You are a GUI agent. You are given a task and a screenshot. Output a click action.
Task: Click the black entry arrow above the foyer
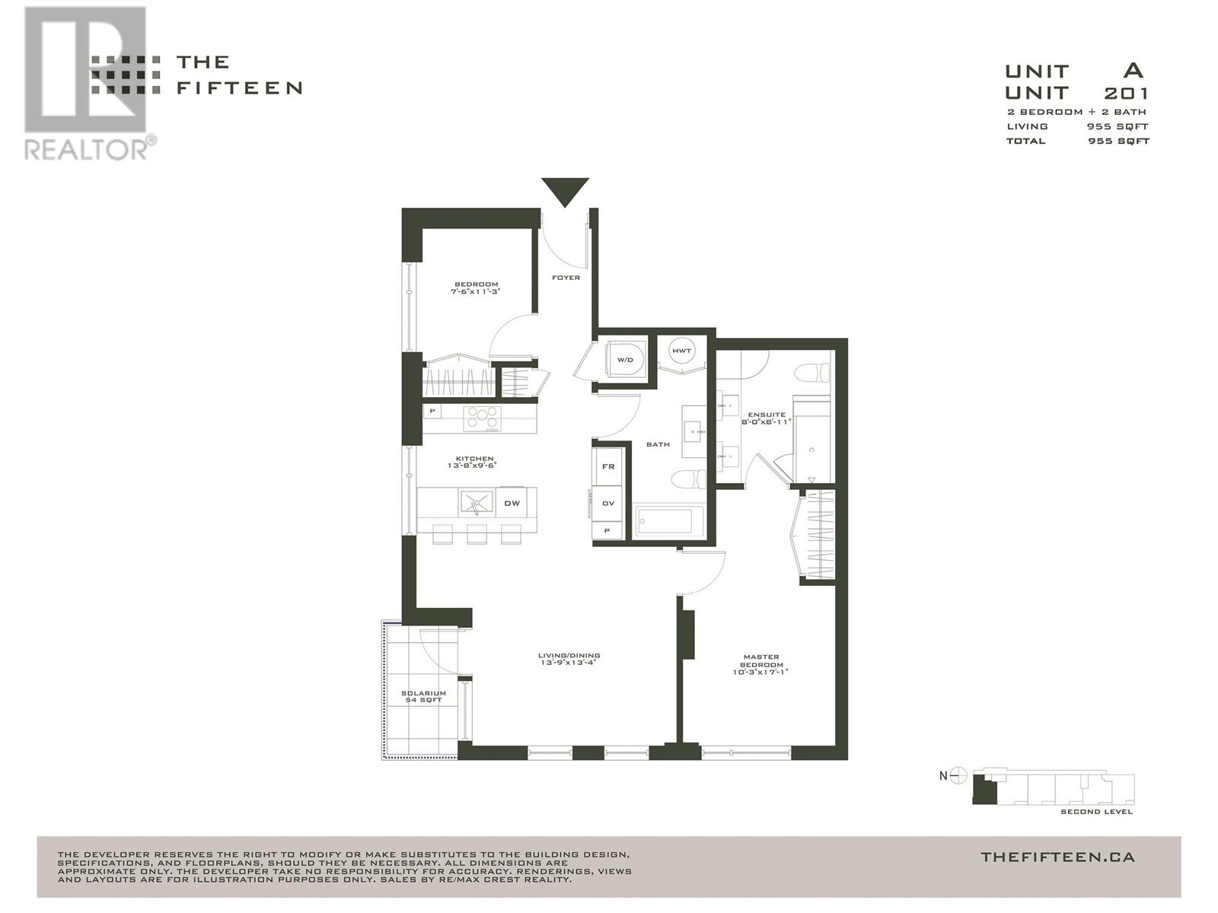point(565,190)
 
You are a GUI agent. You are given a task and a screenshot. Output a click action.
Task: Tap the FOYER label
point(566,278)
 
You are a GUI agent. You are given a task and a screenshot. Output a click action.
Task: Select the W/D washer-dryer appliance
point(626,359)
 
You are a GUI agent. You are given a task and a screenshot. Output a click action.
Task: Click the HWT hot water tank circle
point(681,351)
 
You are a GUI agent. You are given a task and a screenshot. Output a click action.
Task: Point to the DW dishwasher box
point(512,503)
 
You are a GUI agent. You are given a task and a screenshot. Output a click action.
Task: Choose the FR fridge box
point(608,466)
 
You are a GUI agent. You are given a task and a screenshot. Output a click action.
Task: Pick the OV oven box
point(608,503)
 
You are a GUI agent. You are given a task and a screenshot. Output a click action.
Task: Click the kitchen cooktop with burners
point(483,418)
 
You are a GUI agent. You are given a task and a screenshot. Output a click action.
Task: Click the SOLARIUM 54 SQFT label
point(423,697)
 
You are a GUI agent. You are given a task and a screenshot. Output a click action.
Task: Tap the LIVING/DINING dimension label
point(569,659)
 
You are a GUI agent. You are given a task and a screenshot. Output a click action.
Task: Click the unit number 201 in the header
point(1126,93)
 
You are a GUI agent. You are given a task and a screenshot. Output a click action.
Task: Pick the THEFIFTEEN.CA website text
point(1057,857)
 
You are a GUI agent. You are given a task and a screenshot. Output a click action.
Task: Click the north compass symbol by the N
point(959,776)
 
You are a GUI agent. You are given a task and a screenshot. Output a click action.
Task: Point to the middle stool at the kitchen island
point(477,534)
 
